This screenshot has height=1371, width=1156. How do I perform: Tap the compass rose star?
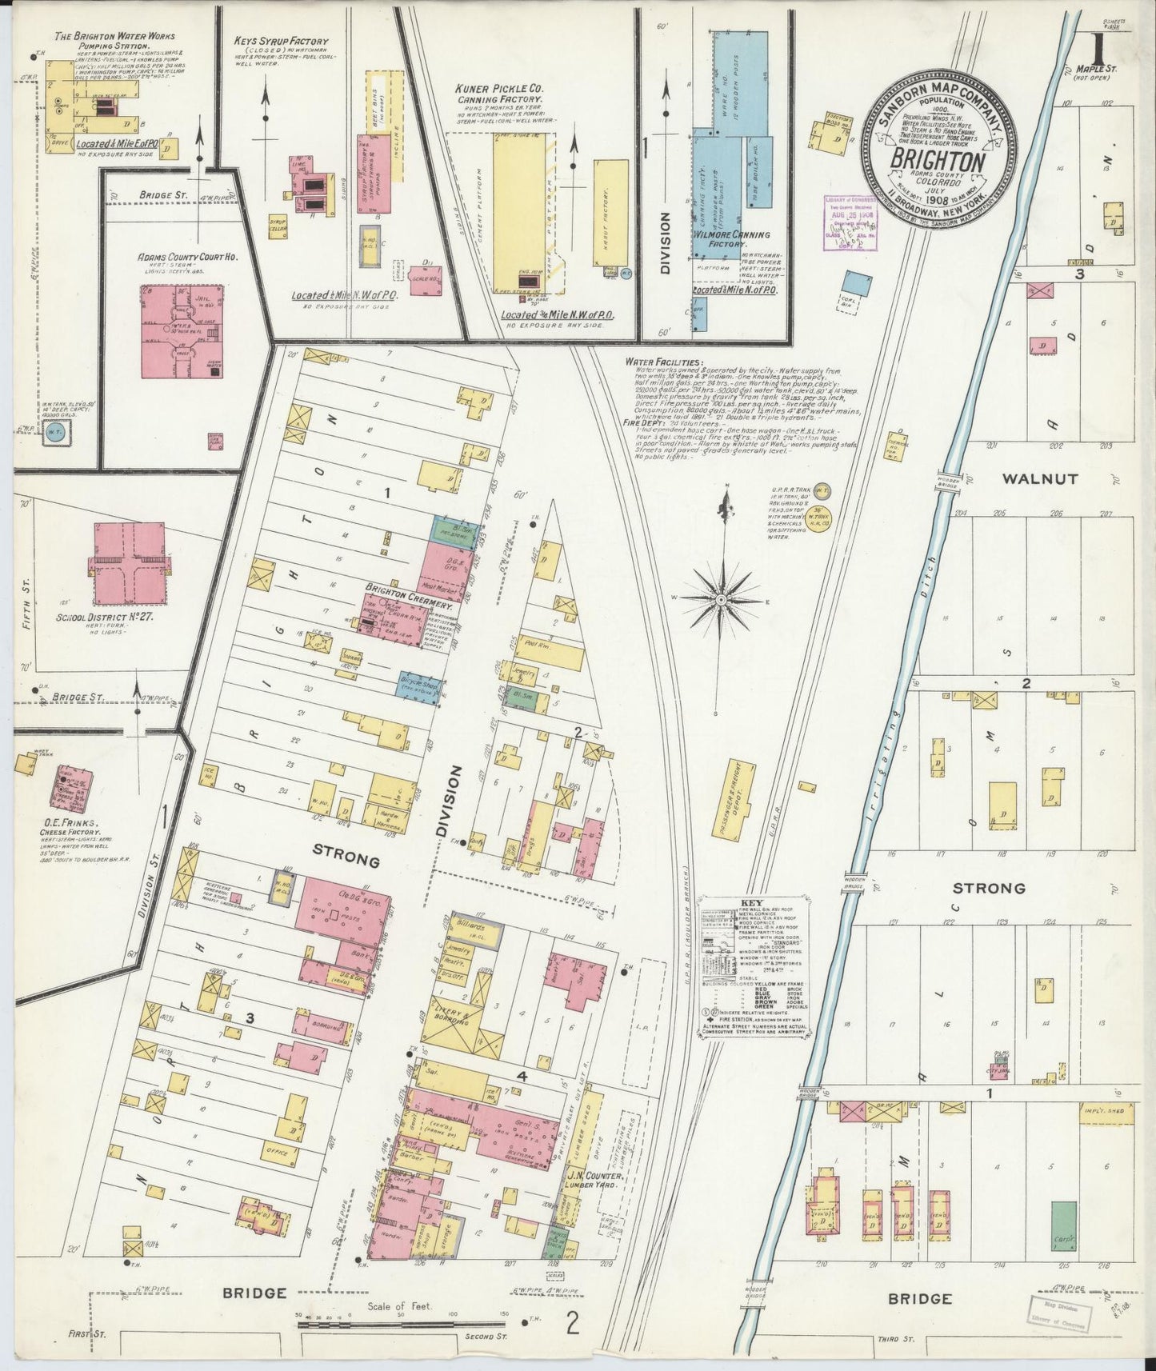[x=721, y=598]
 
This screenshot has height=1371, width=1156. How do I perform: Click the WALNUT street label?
[x=1039, y=479]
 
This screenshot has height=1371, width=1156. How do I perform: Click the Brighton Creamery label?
[x=408, y=607]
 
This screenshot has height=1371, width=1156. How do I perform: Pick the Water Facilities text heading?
[x=664, y=362]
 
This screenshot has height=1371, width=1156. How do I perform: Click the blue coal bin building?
[x=857, y=282]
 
